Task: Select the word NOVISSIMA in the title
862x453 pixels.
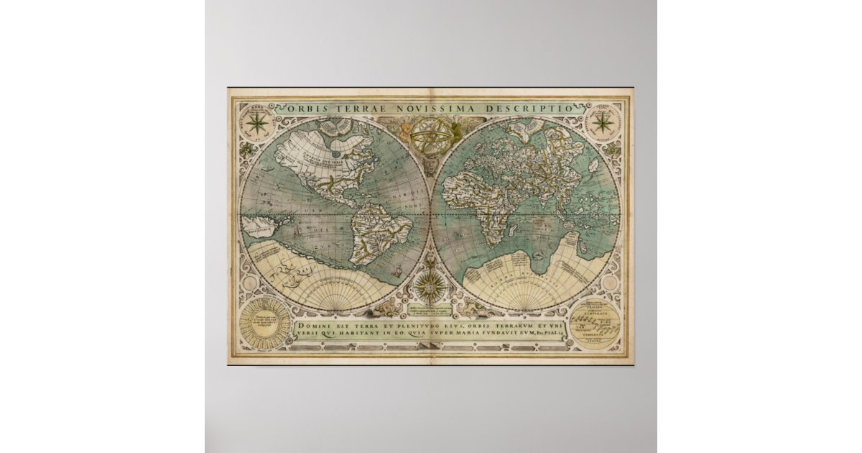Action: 412,109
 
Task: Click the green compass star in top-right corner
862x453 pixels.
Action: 602,123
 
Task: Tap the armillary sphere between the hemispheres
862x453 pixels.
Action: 430,134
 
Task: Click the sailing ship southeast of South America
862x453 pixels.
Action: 394,273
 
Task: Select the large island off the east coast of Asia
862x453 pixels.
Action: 595,167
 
